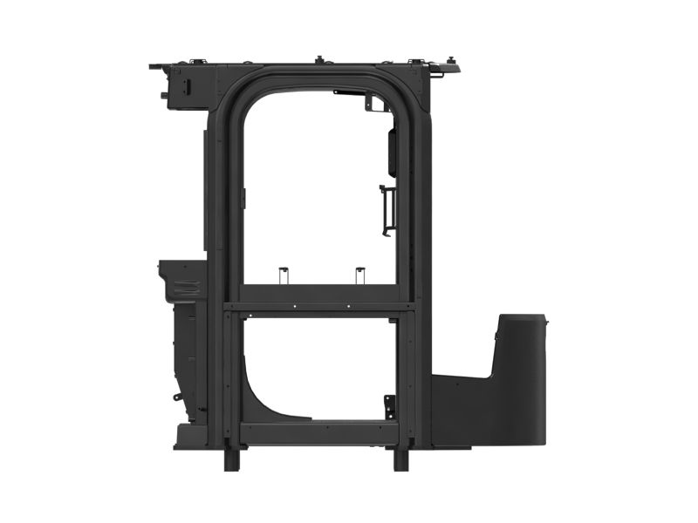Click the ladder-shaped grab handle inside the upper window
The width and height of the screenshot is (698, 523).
pos(387,210)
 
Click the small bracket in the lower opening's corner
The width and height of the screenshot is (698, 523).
pos(389,406)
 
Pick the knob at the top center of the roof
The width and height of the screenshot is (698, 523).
pos(318,59)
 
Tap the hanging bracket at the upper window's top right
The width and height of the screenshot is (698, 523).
pos(370,102)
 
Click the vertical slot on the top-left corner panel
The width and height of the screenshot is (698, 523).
pos(186,85)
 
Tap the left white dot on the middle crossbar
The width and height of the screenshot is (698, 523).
pos(295,306)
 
